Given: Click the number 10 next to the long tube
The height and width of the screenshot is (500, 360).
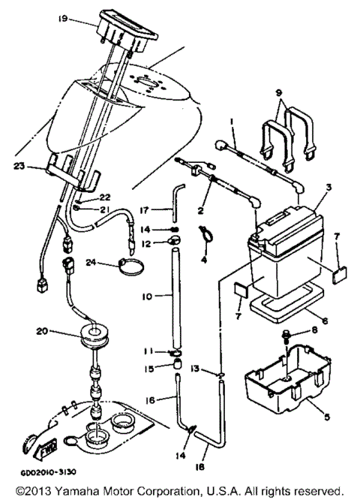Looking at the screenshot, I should (147, 297).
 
